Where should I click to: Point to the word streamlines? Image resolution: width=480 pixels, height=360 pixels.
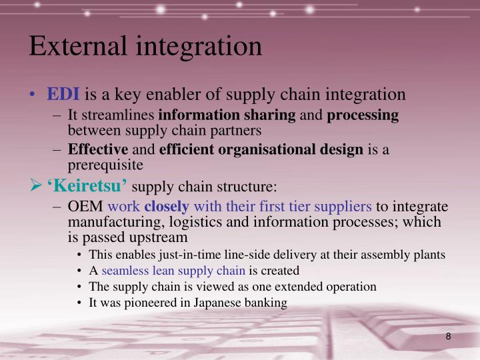point(122,115)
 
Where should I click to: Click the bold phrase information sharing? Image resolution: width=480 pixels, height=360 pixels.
point(227,115)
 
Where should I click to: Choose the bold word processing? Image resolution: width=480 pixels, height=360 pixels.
point(363,115)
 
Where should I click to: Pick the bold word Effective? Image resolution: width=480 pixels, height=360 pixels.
point(98,149)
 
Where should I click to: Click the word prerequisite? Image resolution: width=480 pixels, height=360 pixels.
point(106,163)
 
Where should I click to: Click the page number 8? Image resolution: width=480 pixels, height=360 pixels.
point(449,337)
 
